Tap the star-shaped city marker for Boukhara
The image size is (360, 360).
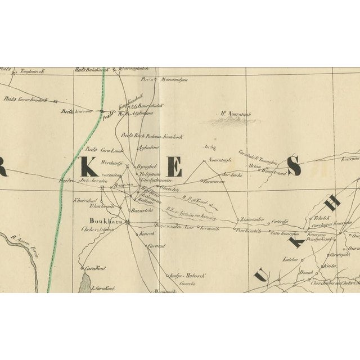[x=128, y=222]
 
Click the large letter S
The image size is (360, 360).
[x=293, y=165]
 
